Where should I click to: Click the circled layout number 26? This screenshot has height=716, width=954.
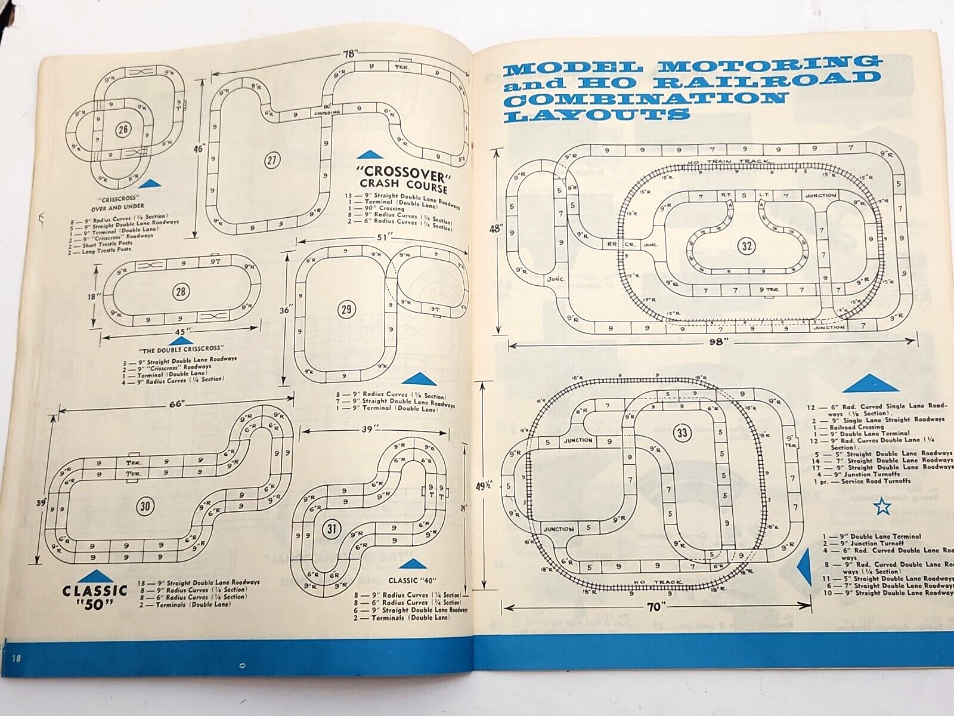pyautogui.click(x=123, y=129)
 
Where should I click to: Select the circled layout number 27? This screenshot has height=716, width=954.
pyautogui.click(x=272, y=160)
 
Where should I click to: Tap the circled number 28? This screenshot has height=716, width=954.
pyautogui.click(x=181, y=292)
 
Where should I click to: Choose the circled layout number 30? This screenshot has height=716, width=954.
pyautogui.click(x=145, y=507)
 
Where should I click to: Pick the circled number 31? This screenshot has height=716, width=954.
pyautogui.click(x=332, y=528)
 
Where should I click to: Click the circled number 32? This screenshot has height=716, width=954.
pyautogui.click(x=746, y=245)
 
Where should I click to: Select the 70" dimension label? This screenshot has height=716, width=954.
pyautogui.click(x=655, y=607)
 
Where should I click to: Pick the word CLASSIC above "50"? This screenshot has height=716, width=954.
pyautogui.click(x=95, y=591)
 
